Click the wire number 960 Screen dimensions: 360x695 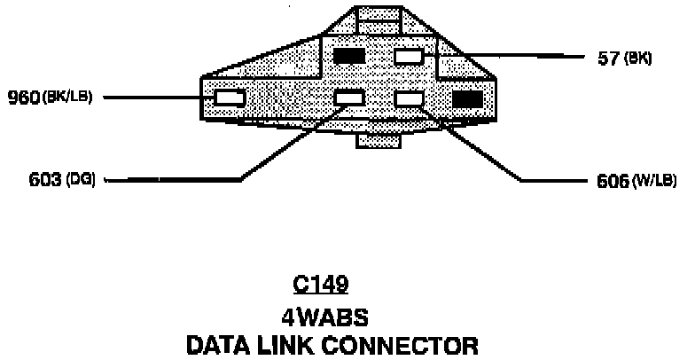coord(22,96)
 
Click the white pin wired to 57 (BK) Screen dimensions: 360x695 coord(409,57)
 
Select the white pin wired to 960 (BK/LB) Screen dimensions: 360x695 coord(230,98)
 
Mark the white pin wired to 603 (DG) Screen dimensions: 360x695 coord(349,98)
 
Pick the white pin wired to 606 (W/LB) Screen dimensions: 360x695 coord(410,98)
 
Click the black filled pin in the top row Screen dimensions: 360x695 coord(348,57)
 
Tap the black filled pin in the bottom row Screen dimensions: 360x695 coord(467,98)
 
